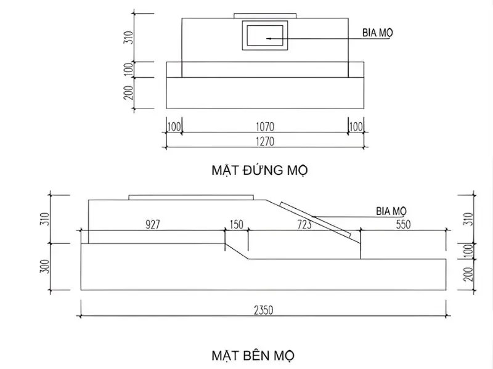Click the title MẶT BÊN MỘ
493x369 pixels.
[253, 355]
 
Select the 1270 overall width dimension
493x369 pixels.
[265, 141]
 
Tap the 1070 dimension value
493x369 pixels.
[265, 126]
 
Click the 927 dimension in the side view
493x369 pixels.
[153, 224]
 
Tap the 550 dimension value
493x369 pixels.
[403, 224]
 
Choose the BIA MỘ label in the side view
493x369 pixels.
[392, 211]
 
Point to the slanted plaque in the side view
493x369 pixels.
[316, 219]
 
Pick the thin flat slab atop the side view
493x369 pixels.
[191, 197]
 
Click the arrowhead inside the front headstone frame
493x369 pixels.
[269, 38]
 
